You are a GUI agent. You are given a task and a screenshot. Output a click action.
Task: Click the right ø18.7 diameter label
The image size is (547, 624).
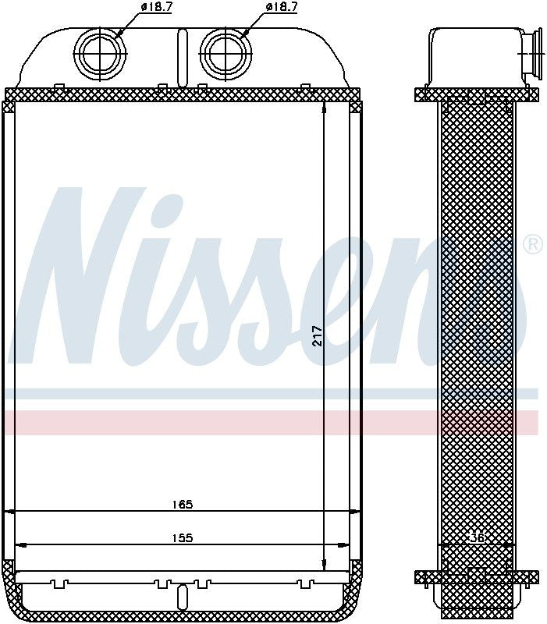(282, 7)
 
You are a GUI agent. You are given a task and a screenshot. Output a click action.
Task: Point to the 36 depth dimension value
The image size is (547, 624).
(478, 537)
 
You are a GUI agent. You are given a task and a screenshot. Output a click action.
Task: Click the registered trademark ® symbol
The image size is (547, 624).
(532, 244)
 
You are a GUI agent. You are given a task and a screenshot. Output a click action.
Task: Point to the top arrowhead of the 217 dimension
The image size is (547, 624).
(325, 108)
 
